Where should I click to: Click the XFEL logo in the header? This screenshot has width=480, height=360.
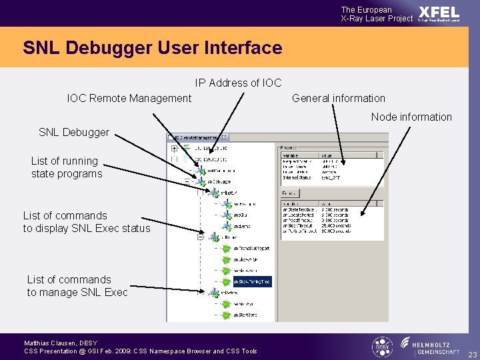[x=439, y=13]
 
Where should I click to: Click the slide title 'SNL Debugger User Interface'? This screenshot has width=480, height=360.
[x=152, y=48]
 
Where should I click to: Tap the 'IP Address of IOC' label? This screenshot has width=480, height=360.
[x=238, y=83]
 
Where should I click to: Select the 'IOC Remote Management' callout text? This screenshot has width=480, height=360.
[x=129, y=98]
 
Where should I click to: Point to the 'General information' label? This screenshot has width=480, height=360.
[x=339, y=98]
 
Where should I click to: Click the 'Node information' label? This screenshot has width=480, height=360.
[x=411, y=117]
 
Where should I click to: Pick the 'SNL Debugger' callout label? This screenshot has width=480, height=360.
[x=74, y=132]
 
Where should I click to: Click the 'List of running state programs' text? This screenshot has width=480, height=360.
[x=66, y=167]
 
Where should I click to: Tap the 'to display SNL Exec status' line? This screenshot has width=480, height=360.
[x=87, y=228]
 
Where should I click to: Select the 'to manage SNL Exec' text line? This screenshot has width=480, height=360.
[x=77, y=292]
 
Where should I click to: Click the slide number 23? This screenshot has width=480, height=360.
[x=472, y=355]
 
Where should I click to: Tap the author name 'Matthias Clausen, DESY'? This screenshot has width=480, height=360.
[x=61, y=343]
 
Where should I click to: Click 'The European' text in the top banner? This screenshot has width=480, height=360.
[x=367, y=10]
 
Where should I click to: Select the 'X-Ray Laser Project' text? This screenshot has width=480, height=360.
[x=377, y=19]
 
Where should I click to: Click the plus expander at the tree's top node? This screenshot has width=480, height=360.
[x=174, y=148]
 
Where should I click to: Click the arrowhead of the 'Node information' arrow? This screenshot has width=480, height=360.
[x=362, y=214]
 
